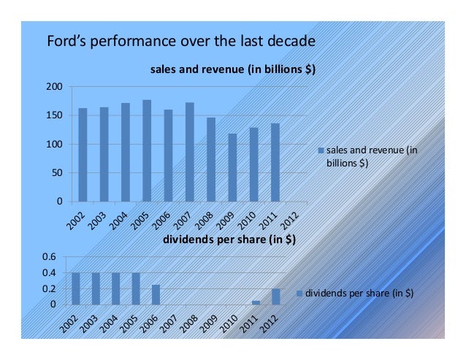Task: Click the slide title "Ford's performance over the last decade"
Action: coord(180,40)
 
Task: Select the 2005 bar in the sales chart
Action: coord(147,150)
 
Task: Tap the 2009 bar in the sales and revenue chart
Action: coord(232,167)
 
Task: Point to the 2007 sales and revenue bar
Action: coord(189,152)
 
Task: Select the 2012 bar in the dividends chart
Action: coord(275,296)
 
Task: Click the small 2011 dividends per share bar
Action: coord(256,302)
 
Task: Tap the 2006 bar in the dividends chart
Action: coord(156,294)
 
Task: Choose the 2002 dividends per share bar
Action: coord(76,288)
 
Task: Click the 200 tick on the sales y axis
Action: coord(53,87)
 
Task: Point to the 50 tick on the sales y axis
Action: coord(56,173)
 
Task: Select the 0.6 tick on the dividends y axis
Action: coord(48,257)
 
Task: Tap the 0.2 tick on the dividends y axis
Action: coord(48,289)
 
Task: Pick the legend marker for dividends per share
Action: coord(299,293)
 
